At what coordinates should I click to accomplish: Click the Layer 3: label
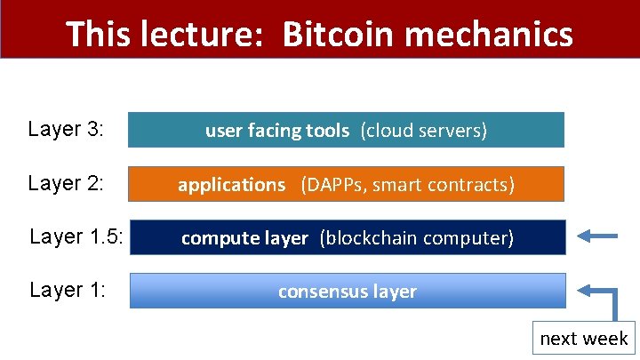click(67, 130)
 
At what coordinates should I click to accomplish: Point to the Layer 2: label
click(67, 184)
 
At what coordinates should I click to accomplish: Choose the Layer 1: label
click(67, 290)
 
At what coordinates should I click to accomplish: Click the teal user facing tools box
click(347, 130)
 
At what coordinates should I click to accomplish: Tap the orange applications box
click(347, 184)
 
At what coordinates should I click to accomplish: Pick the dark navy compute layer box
click(347, 237)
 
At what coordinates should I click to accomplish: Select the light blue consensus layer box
click(347, 291)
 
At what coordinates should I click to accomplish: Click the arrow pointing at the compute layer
click(596, 236)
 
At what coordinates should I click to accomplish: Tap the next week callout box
click(583, 339)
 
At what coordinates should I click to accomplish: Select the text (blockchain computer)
click(416, 238)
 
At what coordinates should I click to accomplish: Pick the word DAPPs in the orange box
click(335, 185)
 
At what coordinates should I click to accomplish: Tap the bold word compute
click(212, 238)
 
